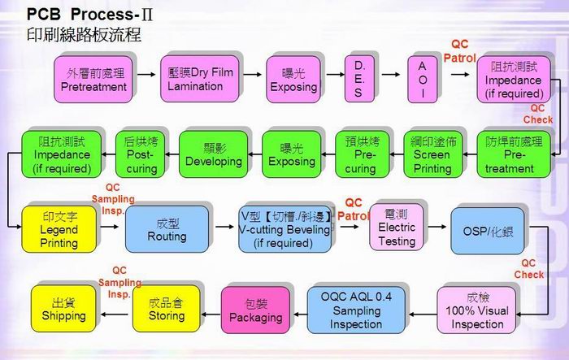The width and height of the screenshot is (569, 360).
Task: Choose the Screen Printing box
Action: tap(432, 154)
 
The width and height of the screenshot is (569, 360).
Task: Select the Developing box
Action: tap(213, 154)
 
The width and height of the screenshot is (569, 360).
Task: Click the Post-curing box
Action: tap(140, 154)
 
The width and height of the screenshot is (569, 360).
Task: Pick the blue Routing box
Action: tap(166, 229)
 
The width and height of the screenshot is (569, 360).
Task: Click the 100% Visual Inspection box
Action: tap(477, 310)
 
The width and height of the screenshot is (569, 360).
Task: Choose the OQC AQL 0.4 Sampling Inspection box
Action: tap(356, 310)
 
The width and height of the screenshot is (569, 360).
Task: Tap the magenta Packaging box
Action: tap(255, 310)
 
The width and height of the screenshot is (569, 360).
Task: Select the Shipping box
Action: tap(63, 310)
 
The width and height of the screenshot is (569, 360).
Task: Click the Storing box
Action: tap(165, 310)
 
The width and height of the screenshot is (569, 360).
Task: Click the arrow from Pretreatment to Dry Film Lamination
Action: tap(146, 73)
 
